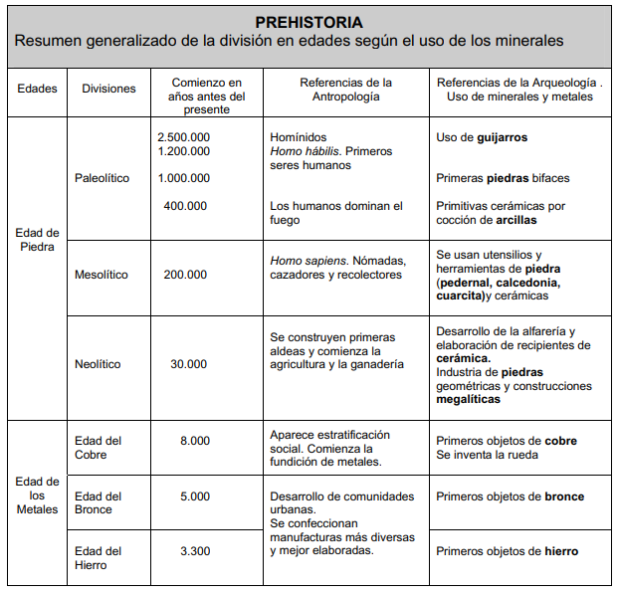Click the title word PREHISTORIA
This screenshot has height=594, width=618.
click(309, 21)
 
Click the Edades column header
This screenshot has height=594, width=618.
click(38, 89)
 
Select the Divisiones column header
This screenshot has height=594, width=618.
click(108, 89)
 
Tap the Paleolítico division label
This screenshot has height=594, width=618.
click(102, 178)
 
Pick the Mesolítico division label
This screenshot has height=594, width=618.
click(102, 275)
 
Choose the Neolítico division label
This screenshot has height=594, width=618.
click(98, 364)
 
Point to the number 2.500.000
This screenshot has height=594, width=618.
click(184, 137)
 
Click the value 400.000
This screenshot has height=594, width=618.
click(186, 206)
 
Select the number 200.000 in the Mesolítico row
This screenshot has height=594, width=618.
click(186, 275)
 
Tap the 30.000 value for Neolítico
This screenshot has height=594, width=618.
click(188, 364)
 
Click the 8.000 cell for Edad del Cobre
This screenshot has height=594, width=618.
click(195, 441)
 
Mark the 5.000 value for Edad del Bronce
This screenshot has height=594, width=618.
click(195, 496)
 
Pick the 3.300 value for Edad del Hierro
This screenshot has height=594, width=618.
click(195, 551)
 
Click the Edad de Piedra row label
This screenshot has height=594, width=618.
click(38, 240)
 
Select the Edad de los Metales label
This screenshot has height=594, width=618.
click(38, 495)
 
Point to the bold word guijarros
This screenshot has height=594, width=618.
click(502, 137)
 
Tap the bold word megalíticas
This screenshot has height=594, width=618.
click(469, 400)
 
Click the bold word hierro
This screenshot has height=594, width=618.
click(560, 551)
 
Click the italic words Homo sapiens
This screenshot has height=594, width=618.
click(302, 261)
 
